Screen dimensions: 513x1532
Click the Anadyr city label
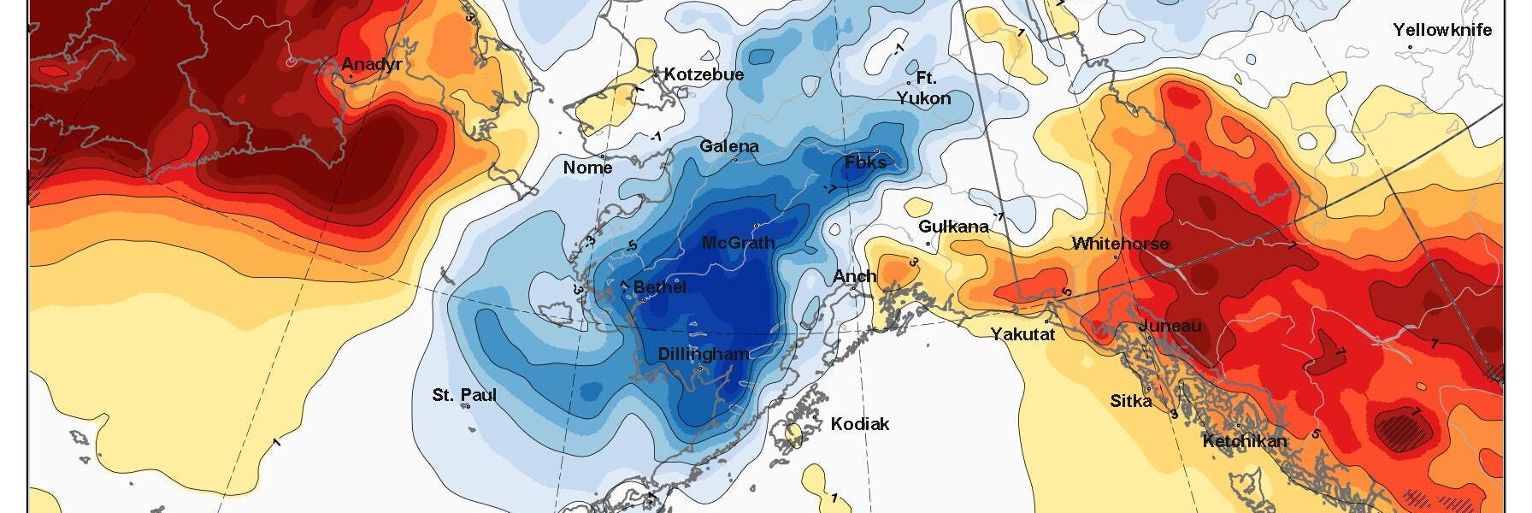[371, 64]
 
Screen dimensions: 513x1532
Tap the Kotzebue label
[704, 74]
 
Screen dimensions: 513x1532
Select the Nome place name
[587, 168]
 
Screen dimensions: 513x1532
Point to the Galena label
[729, 146]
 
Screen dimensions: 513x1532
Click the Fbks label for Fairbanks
[865, 162]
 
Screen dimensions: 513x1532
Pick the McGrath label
[738, 243]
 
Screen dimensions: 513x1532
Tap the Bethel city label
[659, 287]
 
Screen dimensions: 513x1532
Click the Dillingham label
[703, 354]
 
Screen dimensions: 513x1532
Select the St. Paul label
[464, 395]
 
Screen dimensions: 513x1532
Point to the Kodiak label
[860, 424]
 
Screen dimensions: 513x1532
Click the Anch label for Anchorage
[854, 275]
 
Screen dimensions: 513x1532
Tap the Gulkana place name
[953, 227]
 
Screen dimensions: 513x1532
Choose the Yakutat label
[1022, 334]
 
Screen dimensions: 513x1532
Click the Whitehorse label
[1120, 244]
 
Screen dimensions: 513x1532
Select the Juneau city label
[1170, 326]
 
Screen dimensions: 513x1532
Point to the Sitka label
[1130, 400]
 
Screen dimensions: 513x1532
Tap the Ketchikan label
[1244, 441]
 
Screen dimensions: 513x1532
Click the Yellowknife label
[1442, 30]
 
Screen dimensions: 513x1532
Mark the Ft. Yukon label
[923, 88]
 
